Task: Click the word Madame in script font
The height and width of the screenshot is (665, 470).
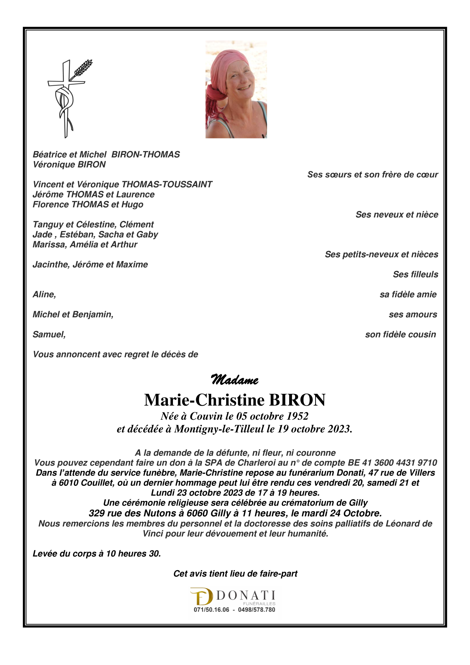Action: point(235,380)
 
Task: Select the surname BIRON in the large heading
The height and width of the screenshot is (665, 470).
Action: point(297,400)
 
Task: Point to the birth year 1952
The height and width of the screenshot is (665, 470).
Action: point(297,416)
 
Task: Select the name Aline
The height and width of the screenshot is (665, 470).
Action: point(44,294)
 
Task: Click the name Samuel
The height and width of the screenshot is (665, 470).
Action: point(48,334)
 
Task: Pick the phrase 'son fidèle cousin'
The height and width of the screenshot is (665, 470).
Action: point(400,334)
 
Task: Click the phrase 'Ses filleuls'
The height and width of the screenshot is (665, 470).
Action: point(415,274)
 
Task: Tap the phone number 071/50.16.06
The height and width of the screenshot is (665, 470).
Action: point(211,610)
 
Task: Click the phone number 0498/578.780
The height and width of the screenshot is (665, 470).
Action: point(256,610)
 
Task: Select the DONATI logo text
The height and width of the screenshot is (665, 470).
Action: point(246,595)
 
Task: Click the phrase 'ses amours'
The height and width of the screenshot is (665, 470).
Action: point(413,315)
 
